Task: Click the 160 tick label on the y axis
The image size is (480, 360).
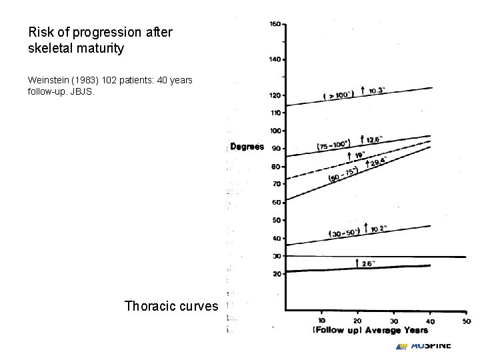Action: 274,24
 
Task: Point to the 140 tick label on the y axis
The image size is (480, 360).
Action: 274,59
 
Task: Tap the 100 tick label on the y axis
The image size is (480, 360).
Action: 275,131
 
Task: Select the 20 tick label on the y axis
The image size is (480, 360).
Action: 275,273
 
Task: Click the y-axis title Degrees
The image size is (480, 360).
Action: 247,147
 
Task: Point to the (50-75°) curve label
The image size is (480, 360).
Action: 343,175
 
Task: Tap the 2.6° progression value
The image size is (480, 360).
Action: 369,263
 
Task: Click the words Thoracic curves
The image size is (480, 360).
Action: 171,306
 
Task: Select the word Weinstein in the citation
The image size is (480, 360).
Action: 49,80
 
